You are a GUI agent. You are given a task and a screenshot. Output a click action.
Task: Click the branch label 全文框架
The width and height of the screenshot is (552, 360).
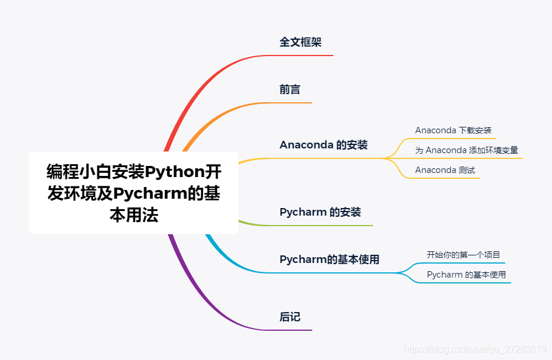(301, 42)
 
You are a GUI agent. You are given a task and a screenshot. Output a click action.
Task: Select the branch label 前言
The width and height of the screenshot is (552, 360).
(290, 89)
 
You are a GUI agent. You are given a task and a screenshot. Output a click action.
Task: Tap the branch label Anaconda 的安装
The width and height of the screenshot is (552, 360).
(323, 145)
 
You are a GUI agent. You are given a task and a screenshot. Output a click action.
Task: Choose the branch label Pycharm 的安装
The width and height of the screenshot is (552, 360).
(320, 212)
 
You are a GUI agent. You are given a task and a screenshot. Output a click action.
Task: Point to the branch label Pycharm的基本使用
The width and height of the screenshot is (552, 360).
(329, 259)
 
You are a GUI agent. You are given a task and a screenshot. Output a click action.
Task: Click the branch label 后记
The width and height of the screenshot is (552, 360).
(290, 317)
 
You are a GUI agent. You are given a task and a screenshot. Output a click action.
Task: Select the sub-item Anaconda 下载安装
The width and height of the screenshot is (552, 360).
(453, 130)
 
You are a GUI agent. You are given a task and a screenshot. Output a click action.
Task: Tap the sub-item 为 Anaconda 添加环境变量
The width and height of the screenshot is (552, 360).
(466, 150)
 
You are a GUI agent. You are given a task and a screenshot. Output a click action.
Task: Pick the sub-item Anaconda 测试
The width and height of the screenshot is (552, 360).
(445, 170)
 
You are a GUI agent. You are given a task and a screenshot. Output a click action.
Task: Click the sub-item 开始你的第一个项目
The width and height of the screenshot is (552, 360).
(463, 255)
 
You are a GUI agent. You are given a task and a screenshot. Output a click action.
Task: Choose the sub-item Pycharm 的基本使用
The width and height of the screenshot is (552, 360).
(466, 275)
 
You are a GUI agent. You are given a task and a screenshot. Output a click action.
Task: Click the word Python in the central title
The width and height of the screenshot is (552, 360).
(174, 172)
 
